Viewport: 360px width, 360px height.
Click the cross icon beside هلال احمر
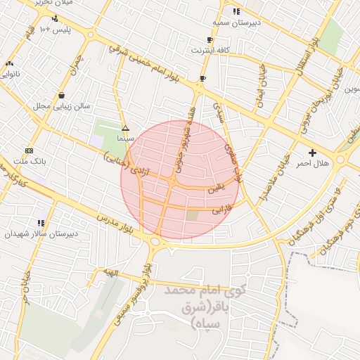pos(312,152)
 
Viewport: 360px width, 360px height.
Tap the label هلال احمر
pos(312,163)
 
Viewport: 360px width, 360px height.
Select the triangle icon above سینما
pos(125,128)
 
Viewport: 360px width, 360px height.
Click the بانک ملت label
pos(30,161)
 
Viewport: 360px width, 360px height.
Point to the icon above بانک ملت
pos(29,150)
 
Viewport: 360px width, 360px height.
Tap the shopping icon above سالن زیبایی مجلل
pos(62,95)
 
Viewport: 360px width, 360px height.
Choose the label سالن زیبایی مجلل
pos(62,106)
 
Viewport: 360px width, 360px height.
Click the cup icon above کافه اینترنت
pos(210,39)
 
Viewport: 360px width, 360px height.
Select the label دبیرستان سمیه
pos(236,23)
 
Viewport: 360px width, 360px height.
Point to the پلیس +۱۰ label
pos(54,29)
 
